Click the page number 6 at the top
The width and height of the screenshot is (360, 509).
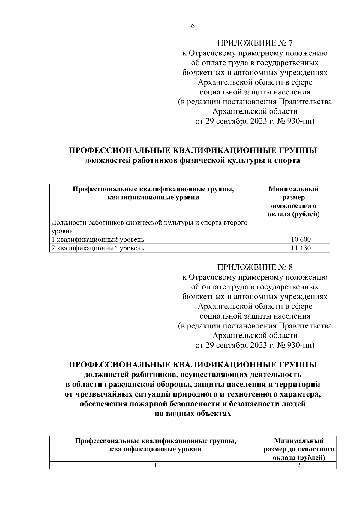pyautogui.click(x=193, y=26)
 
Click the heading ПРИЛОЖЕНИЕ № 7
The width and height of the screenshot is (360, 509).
pyautogui.click(x=255, y=43)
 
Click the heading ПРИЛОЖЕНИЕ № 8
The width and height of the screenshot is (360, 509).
pyautogui.click(x=255, y=267)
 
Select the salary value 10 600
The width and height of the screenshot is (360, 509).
pyautogui.click(x=301, y=239)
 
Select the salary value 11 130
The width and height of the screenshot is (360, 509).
pyautogui.click(x=301, y=248)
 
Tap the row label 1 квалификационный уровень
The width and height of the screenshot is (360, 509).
pyautogui.click(x=98, y=240)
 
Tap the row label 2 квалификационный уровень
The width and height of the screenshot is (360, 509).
pyautogui.click(x=98, y=248)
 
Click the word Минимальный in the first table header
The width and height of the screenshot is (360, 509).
pyautogui.click(x=293, y=189)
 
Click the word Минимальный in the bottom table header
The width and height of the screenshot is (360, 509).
pyautogui.click(x=299, y=441)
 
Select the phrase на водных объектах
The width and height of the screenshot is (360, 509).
pyautogui.click(x=193, y=414)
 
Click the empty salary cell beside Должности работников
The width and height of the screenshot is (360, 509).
pyautogui.click(x=293, y=226)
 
